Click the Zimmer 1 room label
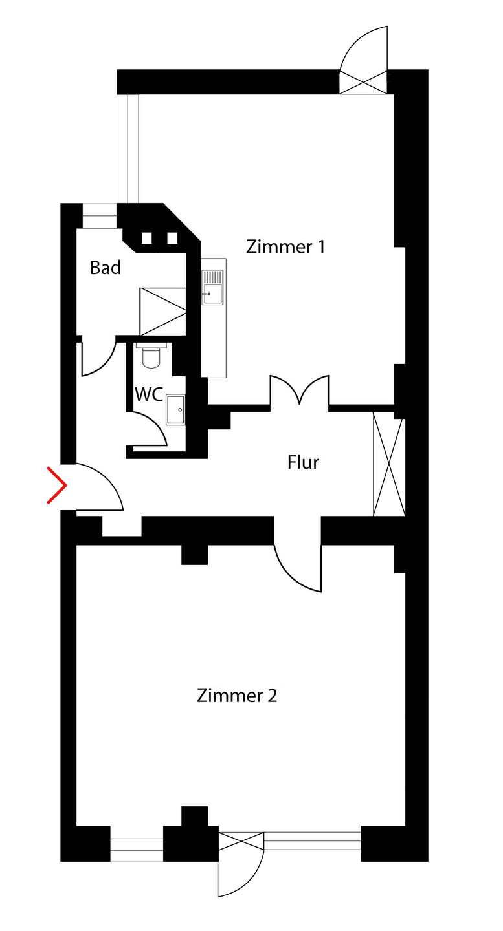pos(285,247)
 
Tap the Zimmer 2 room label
pos(237,696)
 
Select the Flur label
pos(303,463)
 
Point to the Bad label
pos(105,268)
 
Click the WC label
pos(148,394)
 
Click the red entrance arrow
pos(56,485)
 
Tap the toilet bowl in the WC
pos(151,356)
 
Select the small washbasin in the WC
pos(175,410)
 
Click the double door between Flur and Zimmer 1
pos(300,391)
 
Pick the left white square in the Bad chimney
pos(147,239)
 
